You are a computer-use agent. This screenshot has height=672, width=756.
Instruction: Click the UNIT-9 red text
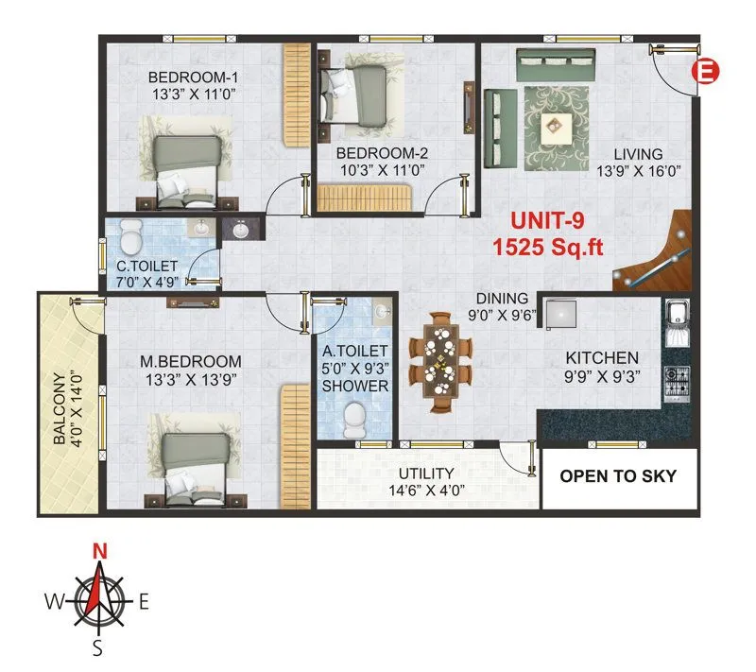547,221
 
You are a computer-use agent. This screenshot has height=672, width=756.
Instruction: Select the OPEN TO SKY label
618,476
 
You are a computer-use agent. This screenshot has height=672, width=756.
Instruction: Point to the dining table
439,359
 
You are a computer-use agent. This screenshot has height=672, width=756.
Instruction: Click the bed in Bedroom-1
187,168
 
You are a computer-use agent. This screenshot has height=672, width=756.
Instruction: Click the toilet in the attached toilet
354,417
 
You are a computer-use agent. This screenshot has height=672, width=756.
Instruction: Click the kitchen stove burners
677,379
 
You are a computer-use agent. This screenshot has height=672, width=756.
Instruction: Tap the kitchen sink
678,321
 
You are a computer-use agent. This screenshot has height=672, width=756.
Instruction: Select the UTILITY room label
425,473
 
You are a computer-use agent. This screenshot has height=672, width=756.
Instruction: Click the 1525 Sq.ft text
547,246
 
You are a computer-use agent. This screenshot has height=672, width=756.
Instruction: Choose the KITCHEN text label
602,358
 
